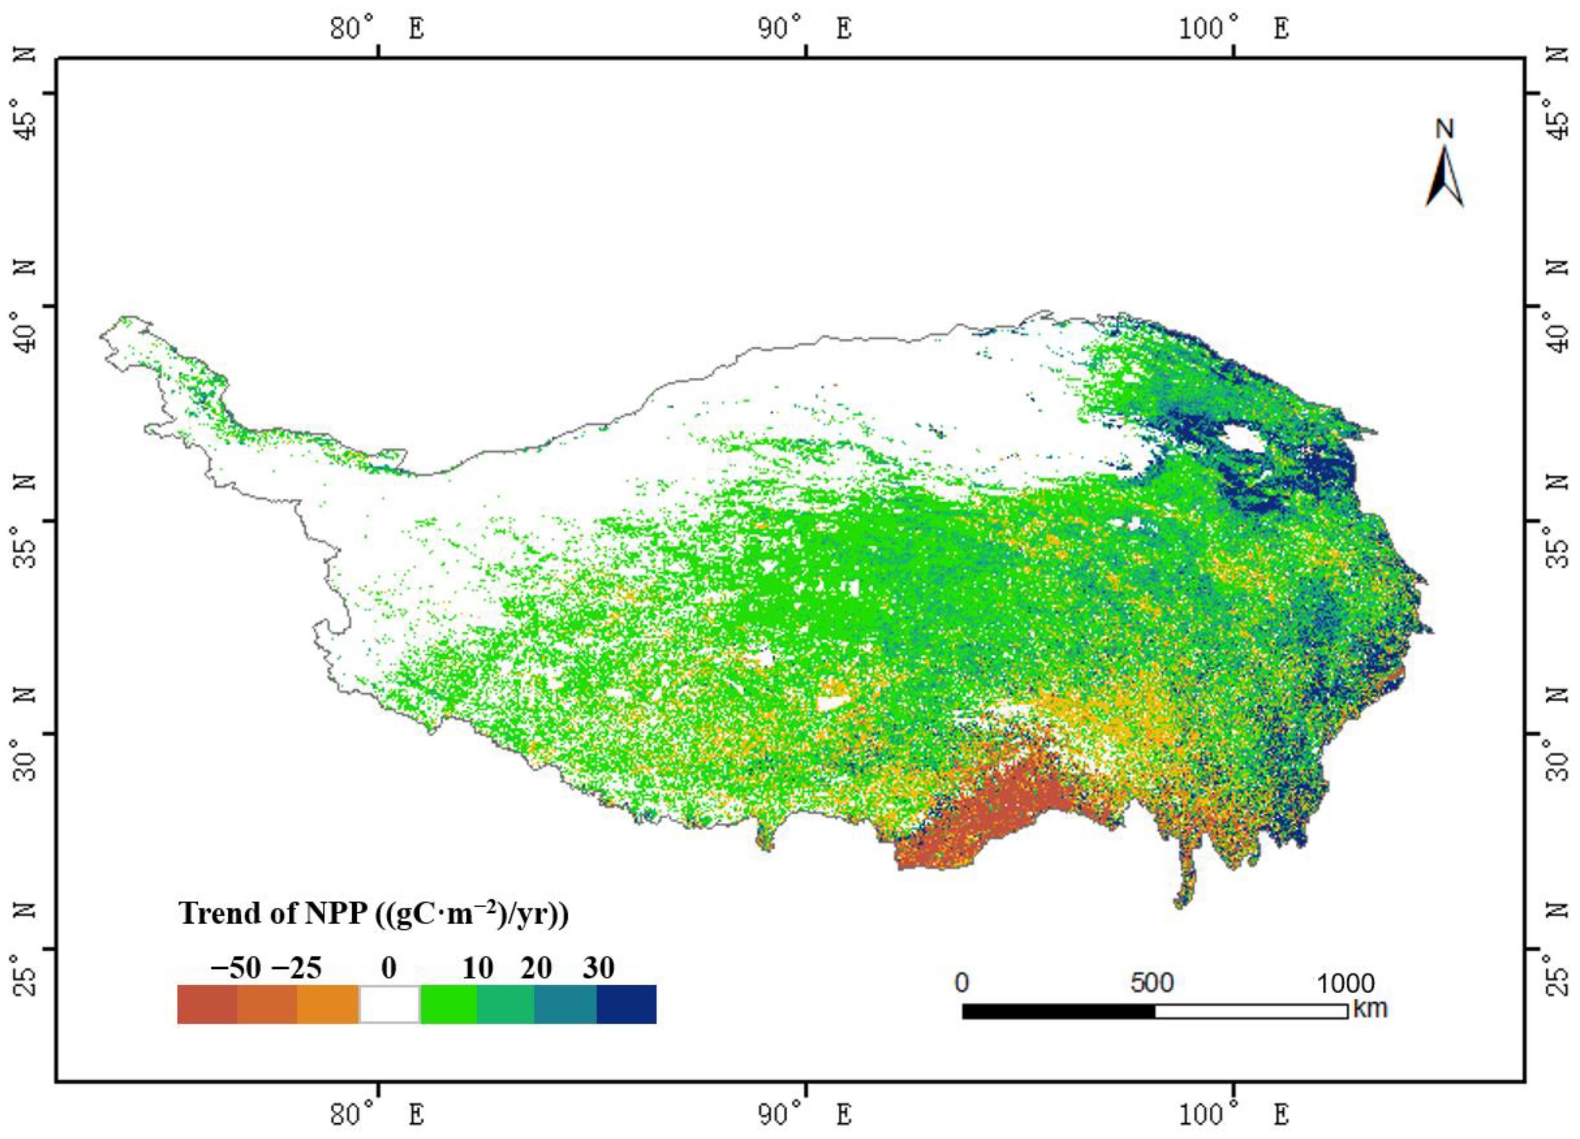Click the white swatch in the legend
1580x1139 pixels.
[x=389, y=1004]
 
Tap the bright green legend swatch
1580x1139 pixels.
[x=448, y=1004]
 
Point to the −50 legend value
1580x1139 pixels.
[x=235, y=968]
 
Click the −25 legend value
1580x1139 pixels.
[x=296, y=968]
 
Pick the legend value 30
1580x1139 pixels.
[x=598, y=968]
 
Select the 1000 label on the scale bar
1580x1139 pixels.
[x=1345, y=983]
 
